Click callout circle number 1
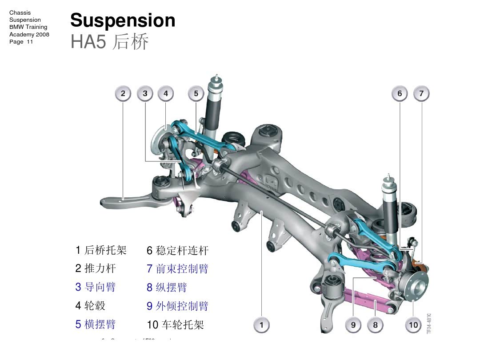point(261,325)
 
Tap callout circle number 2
point(123,93)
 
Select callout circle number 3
point(145,93)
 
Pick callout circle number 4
point(166,93)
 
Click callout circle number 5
point(196,93)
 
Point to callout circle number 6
point(400,93)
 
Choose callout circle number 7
point(421,93)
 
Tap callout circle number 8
point(375,325)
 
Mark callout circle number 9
point(353,325)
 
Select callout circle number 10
point(413,325)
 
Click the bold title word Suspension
point(123,20)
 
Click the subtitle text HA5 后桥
point(109,42)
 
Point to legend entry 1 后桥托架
point(101,250)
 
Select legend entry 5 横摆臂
point(95,324)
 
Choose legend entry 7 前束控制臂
point(177,268)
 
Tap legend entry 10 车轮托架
point(175,324)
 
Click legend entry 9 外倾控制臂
point(177,306)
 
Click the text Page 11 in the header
point(21,42)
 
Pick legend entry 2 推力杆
point(95,268)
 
